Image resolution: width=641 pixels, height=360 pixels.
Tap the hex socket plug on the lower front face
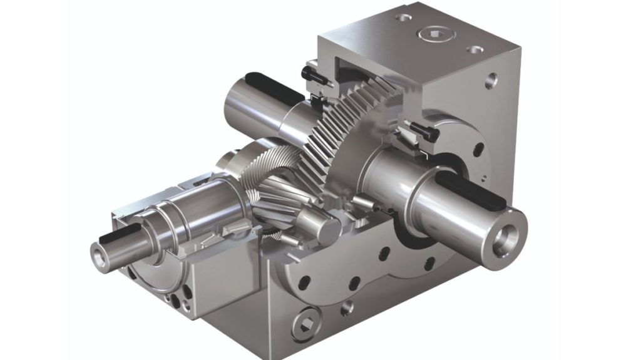click(306, 322)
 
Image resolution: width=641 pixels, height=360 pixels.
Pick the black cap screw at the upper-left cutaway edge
click(311, 74)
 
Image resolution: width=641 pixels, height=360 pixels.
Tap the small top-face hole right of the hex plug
click(475, 49)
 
